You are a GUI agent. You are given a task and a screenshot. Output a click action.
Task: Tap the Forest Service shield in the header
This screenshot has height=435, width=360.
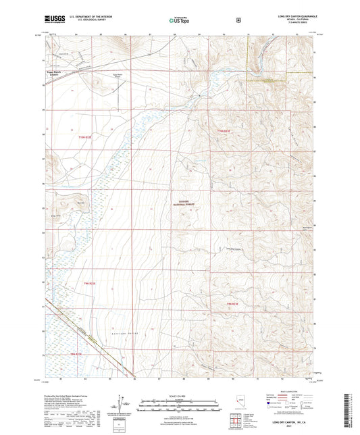pyautogui.click(x=237, y=20)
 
